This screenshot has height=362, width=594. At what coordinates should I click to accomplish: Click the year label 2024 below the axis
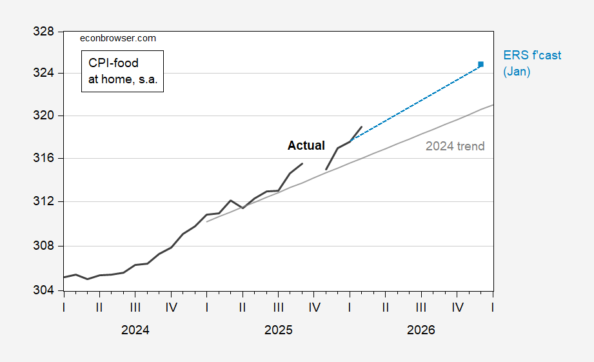[135, 330]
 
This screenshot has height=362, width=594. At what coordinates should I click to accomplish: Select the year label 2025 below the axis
[278, 330]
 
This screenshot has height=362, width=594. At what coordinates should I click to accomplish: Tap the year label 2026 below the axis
[421, 330]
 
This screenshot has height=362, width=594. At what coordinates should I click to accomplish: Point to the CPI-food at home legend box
[123, 71]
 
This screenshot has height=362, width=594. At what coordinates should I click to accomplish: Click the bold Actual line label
[306, 146]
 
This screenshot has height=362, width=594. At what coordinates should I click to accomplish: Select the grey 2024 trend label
[455, 146]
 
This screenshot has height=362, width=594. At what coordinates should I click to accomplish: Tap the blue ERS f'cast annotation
[532, 55]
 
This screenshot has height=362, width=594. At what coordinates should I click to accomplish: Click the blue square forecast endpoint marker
[480, 64]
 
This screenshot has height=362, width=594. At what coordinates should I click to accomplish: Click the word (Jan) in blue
[517, 72]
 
